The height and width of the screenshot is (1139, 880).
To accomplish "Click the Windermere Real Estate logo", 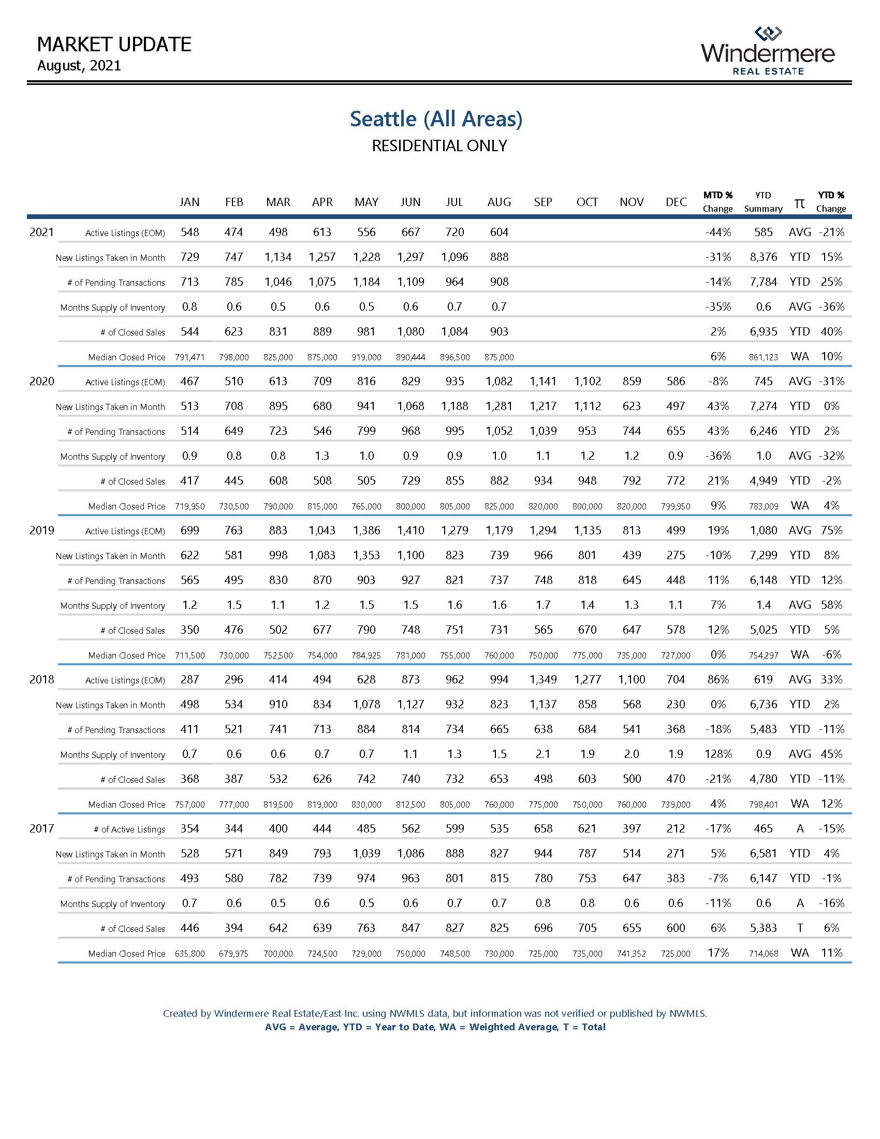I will [x=767, y=51].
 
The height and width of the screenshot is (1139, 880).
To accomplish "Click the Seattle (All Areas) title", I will [x=436, y=119].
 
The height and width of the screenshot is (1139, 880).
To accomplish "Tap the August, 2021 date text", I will [x=79, y=66].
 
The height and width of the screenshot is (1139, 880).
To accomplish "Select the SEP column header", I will [x=542, y=202].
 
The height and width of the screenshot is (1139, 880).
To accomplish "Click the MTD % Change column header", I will [x=717, y=201].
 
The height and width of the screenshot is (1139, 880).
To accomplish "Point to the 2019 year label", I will [x=42, y=530].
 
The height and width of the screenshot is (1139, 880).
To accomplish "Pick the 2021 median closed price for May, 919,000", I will [x=366, y=357].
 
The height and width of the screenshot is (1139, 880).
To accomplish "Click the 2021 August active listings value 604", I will [x=499, y=232].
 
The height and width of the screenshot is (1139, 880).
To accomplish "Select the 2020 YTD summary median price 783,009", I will [x=763, y=506].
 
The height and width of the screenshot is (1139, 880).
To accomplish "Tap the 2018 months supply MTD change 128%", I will [x=717, y=754].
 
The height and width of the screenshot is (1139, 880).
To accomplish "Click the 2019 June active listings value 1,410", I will [x=410, y=530].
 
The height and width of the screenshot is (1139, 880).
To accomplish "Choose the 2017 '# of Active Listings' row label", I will [x=129, y=830].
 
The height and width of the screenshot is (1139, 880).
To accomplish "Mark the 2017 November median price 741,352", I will [x=632, y=954].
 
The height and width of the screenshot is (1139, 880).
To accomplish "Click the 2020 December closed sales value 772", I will [x=676, y=481].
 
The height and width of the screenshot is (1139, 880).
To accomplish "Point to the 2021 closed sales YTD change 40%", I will [x=831, y=332].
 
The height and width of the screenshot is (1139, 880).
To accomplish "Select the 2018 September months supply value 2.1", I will [x=542, y=754].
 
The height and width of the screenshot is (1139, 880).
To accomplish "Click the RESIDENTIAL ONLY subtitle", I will [x=439, y=146].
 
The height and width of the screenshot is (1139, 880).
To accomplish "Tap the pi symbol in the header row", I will [x=799, y=203].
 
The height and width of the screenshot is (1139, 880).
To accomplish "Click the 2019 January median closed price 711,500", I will [x=190, y=655].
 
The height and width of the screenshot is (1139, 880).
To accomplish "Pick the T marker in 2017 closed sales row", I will [x=800, y=928].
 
